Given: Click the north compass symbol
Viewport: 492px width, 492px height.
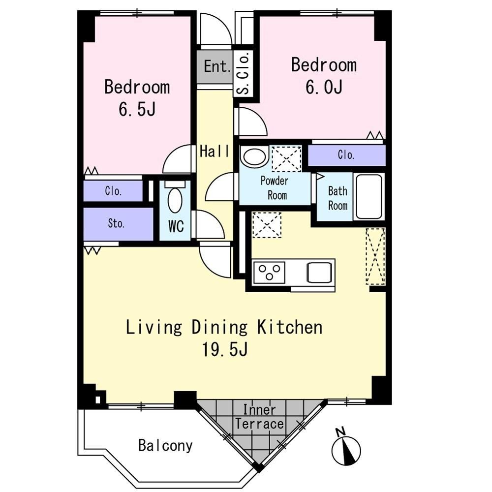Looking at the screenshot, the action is tap(346, 450).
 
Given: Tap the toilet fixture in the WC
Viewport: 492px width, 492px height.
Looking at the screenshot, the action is tap(175, 197).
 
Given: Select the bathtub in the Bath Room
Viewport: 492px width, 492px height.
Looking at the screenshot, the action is tap(369, 196).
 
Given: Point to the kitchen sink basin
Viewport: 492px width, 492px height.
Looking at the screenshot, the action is tap(319, 273).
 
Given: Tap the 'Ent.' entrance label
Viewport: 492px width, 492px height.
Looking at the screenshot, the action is tap(217, 66).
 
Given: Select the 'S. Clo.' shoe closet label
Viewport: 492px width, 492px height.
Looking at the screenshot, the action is tap(243, 73).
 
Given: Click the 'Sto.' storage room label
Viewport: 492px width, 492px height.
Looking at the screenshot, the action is tap(116, 223).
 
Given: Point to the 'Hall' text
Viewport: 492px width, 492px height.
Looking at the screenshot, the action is tap(215, 151).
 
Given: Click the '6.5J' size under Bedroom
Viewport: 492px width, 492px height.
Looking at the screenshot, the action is tap(137, 110).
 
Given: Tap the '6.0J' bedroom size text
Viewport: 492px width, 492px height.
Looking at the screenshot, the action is tap(324, 87).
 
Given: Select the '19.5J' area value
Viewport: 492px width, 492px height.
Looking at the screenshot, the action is tap(225, 349).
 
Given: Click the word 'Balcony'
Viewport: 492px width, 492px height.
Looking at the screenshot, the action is tap(165, 446).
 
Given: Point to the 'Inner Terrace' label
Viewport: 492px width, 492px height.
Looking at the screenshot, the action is tap(259, 417).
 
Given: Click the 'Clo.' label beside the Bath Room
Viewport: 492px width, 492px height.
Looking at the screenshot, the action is tap(346, 154).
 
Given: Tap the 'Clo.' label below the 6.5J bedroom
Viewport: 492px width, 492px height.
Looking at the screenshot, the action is tap(113, 191).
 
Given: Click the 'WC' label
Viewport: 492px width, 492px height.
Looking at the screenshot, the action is tap(176, 226).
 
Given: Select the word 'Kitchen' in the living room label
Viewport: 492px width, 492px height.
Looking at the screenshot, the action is tap(290, 327).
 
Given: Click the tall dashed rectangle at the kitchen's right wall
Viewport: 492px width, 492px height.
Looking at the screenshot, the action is tap(375, 257).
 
